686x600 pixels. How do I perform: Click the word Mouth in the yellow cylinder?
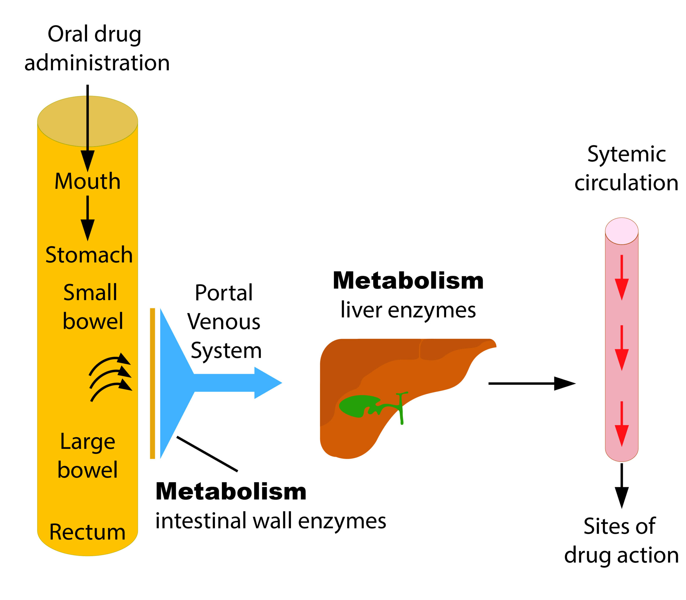click(87, 181)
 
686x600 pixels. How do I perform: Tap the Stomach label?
click(89, 255)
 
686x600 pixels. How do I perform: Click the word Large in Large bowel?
click(88, 442)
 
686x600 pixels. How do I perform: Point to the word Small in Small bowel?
click(90, 293)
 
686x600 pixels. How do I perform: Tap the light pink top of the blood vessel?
click(622, 231)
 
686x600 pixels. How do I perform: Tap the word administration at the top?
click(97, 63)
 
